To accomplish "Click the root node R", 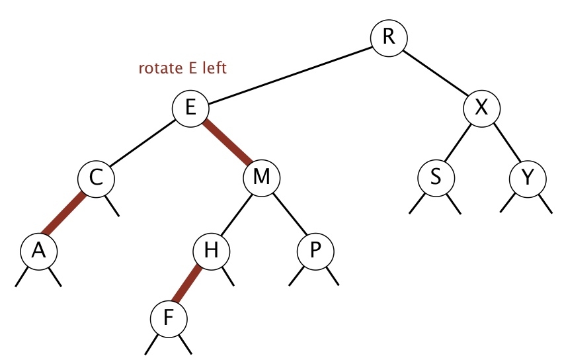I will click(x=389, y=36).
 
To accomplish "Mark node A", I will click(x=38, y=250).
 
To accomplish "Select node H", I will click(x=211, y=250).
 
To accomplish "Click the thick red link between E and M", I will click(x=227, y=143).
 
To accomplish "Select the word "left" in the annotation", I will click(x=215, y=67).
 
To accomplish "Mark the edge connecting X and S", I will click(x=458, y=143).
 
